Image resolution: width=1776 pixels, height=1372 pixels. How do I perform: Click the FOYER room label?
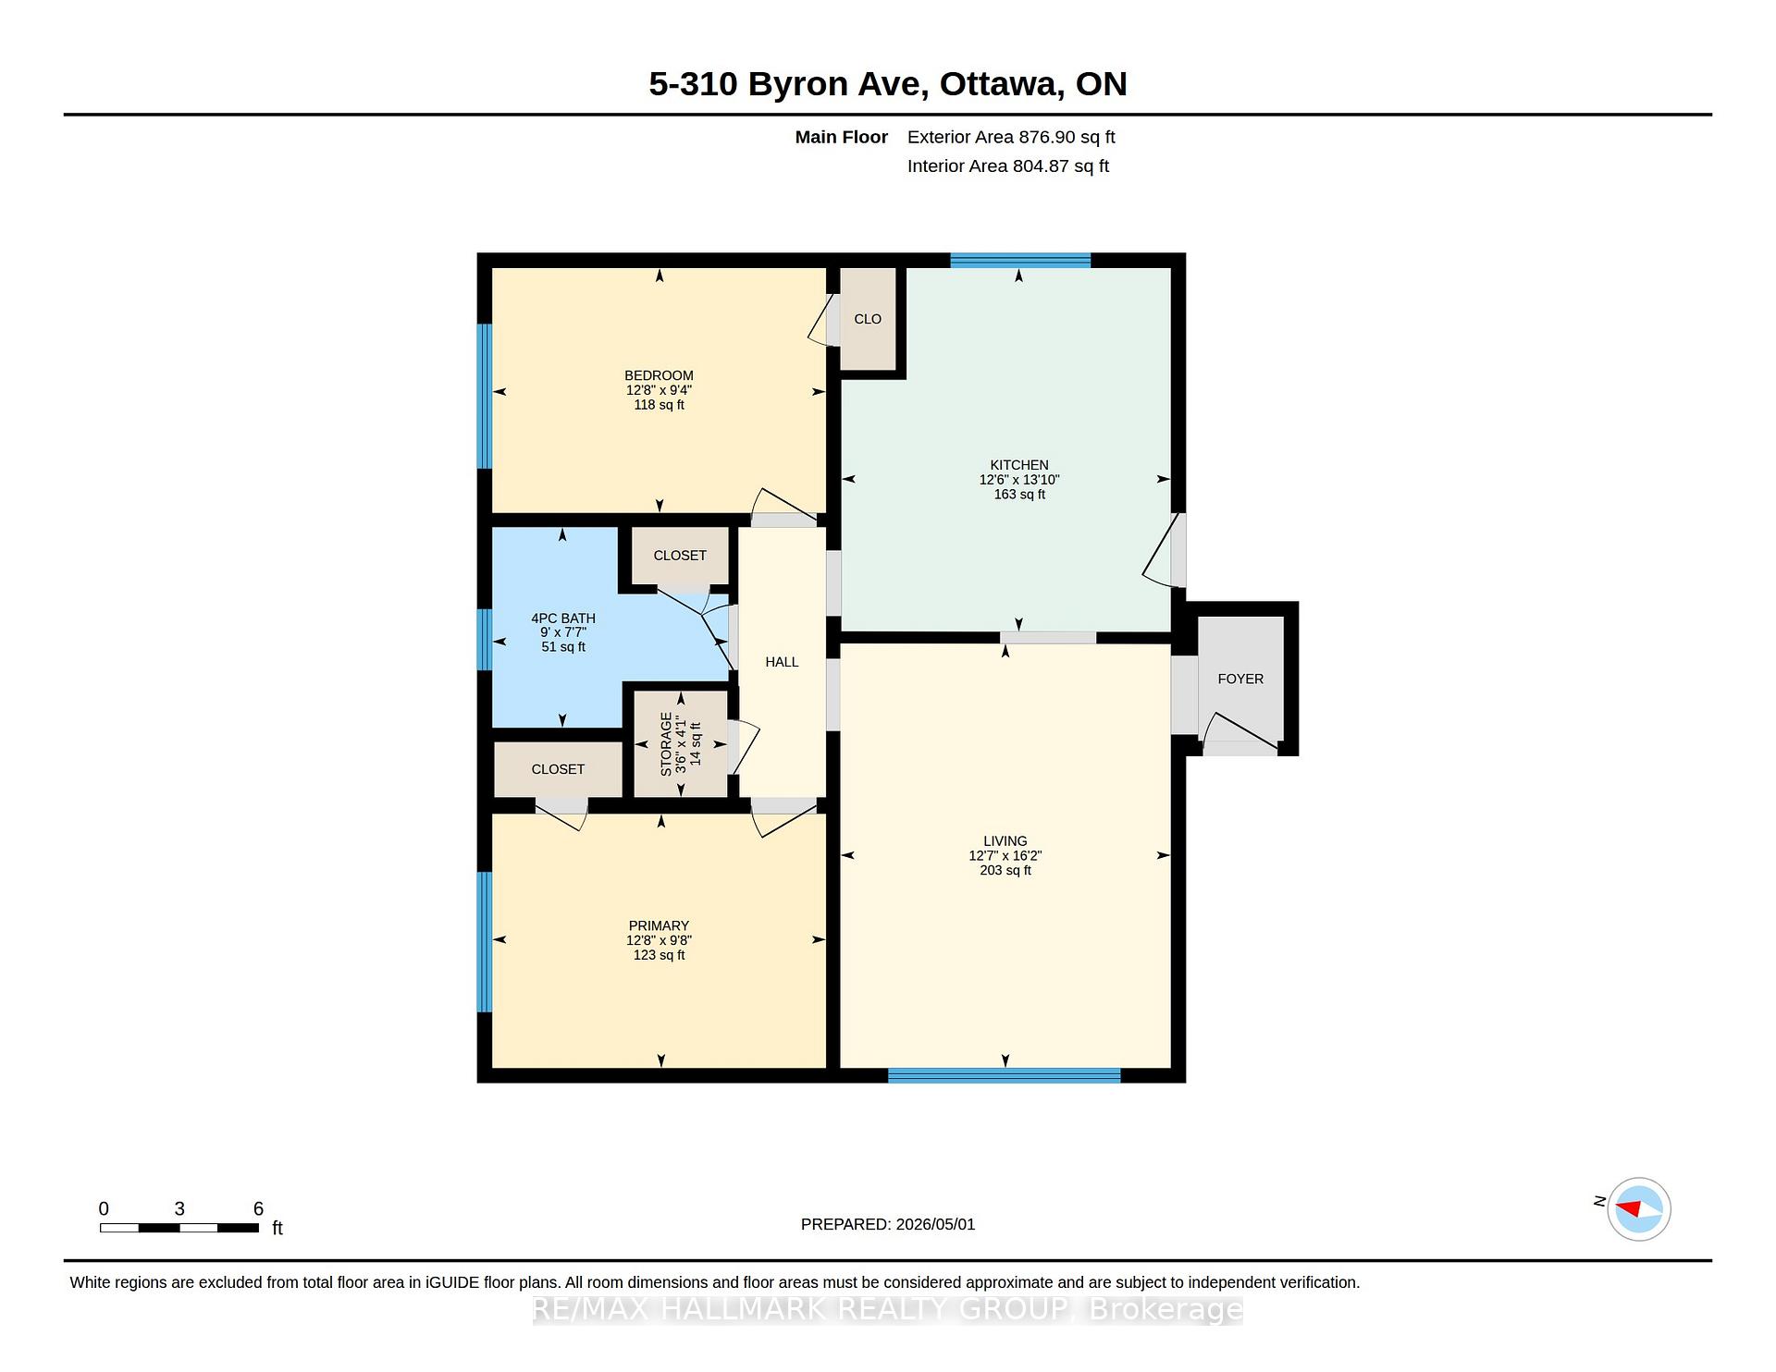(1239, 679)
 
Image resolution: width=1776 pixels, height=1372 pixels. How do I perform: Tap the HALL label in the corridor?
(782, 662)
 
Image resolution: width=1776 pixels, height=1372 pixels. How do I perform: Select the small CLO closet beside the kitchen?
(868, 319)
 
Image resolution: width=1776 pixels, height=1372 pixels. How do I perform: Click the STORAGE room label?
(666, 743)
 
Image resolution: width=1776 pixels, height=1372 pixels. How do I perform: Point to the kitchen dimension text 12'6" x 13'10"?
(1019, 480)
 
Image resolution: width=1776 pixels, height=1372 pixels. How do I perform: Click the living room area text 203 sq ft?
(1005, 870)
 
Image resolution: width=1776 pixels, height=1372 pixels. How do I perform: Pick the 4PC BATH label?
(563, 619)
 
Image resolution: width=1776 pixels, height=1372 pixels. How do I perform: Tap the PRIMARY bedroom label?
(659, 925)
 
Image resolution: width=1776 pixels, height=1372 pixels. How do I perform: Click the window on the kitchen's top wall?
(1020, 260)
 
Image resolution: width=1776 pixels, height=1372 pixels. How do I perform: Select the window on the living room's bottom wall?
(1005, 1075)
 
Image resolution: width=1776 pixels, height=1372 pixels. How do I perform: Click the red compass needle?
(1629, 1208)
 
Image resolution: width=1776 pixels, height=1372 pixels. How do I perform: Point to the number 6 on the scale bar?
(258, 1208)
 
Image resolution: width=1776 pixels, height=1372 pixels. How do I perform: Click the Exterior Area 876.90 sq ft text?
(1011, 137)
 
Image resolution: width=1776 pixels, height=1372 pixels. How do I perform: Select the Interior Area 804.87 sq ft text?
(1008, 166)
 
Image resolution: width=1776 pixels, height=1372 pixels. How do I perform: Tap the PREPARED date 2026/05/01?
(935, 1224)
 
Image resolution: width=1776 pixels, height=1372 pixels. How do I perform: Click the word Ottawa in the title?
(999, 84)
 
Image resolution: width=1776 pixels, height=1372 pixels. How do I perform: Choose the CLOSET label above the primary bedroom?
(558, 769)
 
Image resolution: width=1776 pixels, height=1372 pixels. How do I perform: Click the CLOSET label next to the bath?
(680, 556)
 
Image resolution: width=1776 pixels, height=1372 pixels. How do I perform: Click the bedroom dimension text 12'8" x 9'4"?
(659, 390)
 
